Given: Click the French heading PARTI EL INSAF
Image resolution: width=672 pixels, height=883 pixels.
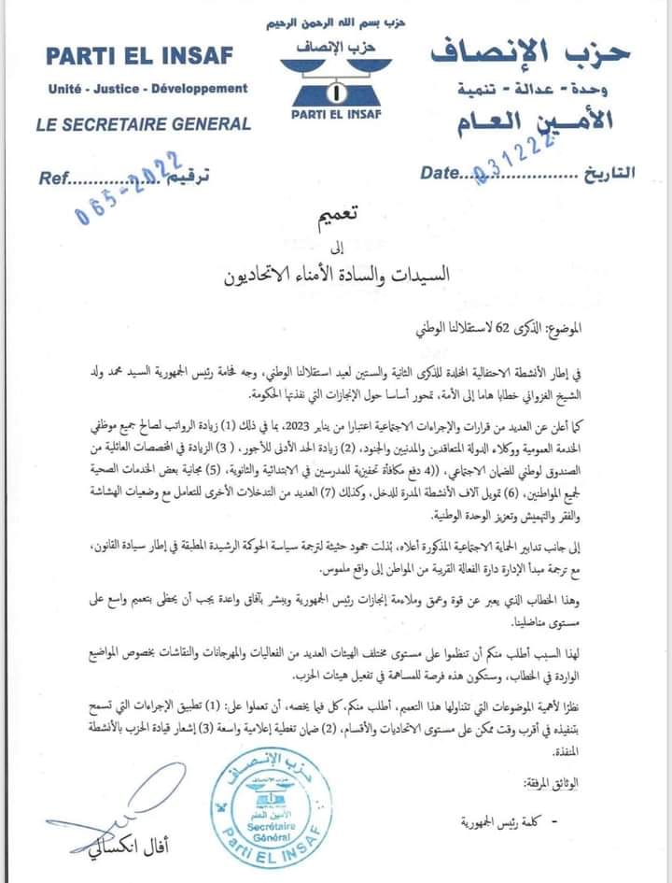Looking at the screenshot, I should tap(139, 55).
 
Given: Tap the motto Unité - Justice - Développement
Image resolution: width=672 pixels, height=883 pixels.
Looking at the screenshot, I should tap(148, 88).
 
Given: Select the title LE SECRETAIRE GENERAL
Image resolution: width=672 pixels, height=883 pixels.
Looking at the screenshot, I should tap(143, 123).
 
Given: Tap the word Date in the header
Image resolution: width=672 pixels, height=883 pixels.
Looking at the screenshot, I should tap(441, 173).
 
